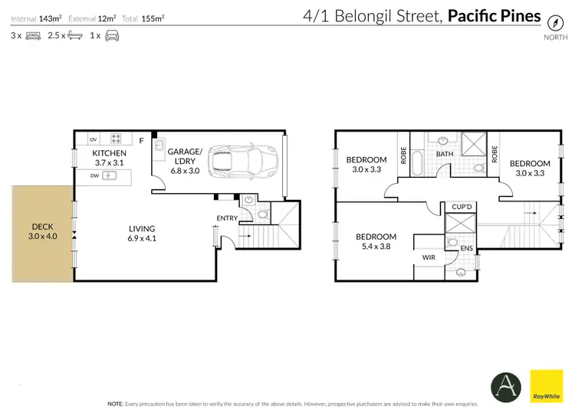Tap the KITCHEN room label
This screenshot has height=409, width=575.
109,153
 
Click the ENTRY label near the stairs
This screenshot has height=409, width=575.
227,218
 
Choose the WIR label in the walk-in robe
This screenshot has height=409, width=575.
429,257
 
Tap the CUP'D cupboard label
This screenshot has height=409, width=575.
461,207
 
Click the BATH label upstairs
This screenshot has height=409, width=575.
445,154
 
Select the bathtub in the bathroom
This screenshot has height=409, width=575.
417,164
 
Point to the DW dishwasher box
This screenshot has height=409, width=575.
94,175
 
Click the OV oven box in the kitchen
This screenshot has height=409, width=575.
94,139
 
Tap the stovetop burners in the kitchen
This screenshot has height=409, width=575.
118,139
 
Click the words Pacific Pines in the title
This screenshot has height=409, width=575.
494,16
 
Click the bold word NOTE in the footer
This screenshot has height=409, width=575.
116,403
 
